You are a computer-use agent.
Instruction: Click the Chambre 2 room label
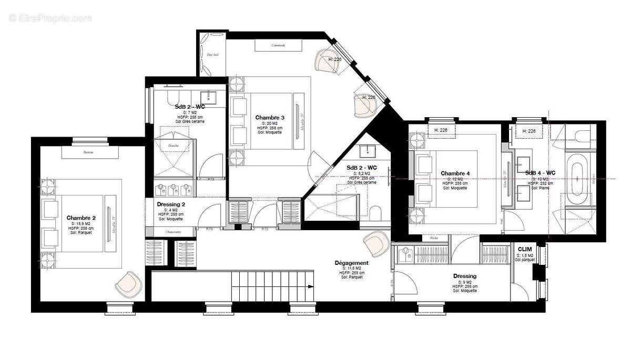point(81,218)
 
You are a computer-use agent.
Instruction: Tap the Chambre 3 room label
point(270,117)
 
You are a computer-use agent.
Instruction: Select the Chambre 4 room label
point(455,173)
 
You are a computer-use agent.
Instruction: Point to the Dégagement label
point(351,263)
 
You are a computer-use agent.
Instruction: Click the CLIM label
point(524,249)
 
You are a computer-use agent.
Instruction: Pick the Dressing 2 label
point(171,204)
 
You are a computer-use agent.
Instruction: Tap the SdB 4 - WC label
point(540,172)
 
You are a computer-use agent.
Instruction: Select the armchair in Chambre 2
point(128,284)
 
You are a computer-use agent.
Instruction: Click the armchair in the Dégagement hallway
point(375,243)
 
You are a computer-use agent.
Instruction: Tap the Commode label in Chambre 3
point(278,45)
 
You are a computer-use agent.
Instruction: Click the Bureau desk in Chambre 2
point(87,152)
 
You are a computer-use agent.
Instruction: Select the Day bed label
point(212,55)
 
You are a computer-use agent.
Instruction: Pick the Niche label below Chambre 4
point(433,238)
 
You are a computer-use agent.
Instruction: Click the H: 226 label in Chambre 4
point(441,131)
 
